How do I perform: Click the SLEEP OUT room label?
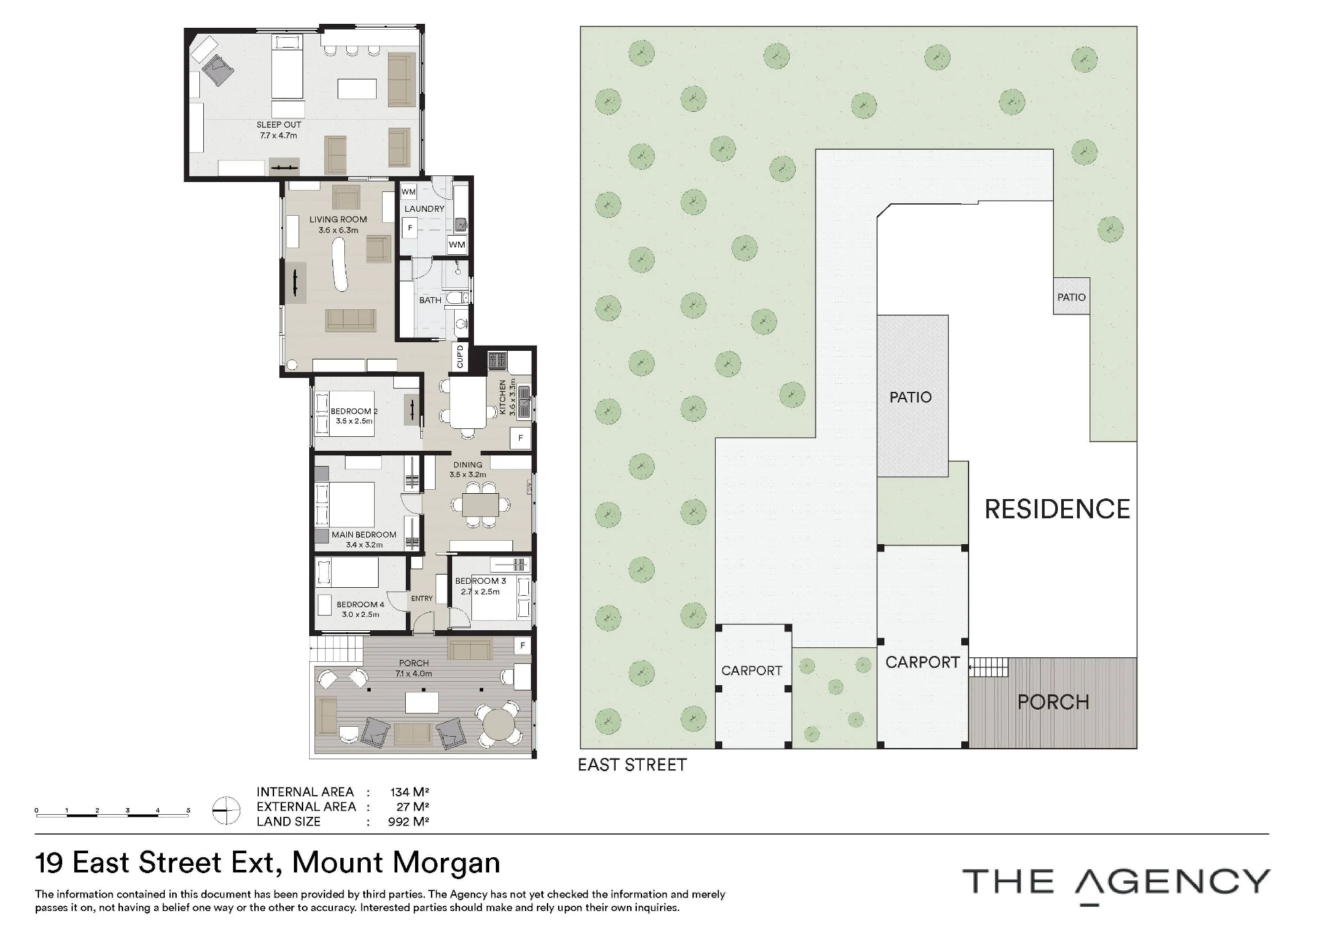tap(279, 124)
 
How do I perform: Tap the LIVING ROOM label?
tap(338, 219)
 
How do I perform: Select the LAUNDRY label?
tap(424, 209)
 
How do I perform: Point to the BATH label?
tap(430, 300)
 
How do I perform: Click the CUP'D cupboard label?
tap(460, 357)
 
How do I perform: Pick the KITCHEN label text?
tap(502, 397)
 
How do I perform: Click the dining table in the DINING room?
tap(481, 505)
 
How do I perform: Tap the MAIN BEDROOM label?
tap(364, 535)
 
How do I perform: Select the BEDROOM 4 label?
tap(360, 604)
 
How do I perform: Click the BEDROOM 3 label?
tap(481, 581)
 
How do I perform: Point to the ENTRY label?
tap(422, 598)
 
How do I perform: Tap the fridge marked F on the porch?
tap(523, 645)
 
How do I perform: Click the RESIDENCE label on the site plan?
tap(1057, 509)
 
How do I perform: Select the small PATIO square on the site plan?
tap(1071, 296)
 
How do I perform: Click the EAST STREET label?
tap(632, 765)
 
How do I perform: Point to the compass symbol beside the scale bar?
tap(226, 810)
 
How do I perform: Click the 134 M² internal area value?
tap(410, 792)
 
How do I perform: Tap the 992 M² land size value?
tap(408, 821)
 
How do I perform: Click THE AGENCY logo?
tap(1116, 884)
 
